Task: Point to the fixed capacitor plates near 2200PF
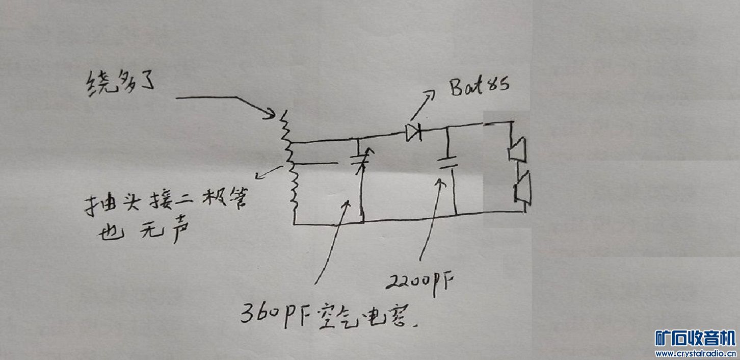[x=448, y=162]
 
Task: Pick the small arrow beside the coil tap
[x=267, y=173]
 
